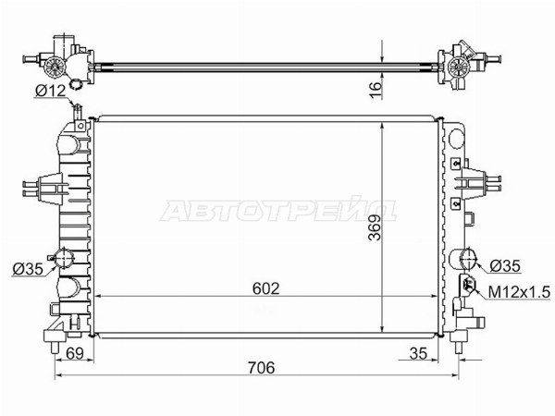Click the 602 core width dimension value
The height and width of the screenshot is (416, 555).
pos(265,288)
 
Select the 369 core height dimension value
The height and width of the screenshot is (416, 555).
pos(375,227)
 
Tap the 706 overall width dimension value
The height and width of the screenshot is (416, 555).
pos(261,368)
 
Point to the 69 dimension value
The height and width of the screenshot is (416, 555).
pos(75,353)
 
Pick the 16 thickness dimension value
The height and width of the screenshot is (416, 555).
pos(376,90)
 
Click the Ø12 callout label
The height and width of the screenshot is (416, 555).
pos(51,92)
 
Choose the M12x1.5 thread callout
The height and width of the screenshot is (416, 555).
pos(519,292)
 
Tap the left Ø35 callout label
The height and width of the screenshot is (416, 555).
pos(28,269)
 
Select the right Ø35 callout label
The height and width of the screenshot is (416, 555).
pos(505,266)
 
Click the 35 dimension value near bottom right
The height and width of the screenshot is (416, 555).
pos(418,353)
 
